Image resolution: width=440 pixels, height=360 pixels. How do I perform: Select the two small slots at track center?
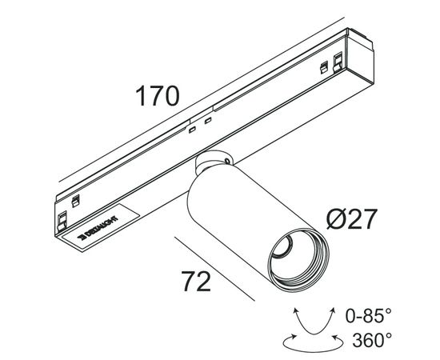tap(200, 124)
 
